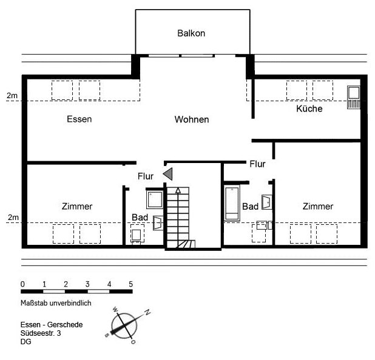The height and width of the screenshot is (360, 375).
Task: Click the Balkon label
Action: point(191,33)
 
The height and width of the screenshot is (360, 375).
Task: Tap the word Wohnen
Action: point(192,119)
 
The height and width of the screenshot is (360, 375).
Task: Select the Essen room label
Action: point(79,119)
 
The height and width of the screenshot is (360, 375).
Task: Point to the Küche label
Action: point(309,108)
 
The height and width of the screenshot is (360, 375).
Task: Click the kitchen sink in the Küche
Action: point(354,97)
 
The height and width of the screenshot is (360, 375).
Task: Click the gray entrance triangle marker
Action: point(167,174)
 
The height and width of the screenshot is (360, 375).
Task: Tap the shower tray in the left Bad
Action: point(155,199)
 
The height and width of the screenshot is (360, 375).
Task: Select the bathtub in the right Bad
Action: point(232,203)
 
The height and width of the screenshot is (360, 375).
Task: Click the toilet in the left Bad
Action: point(137,235)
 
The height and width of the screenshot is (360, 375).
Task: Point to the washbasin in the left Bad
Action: point(158,223)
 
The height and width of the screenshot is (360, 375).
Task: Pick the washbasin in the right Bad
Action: point(267,202)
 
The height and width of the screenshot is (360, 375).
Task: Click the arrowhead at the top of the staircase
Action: point(178,190)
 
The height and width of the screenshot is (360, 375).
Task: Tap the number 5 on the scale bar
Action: point(130,284)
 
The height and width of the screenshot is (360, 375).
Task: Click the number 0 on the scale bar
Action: point(22,284)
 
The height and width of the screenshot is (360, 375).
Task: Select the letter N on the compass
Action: point(147,312)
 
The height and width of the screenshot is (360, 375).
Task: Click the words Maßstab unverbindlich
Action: point(56,303)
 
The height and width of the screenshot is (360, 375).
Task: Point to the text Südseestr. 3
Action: point(41,333)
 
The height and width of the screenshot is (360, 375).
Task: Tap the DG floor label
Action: point(26,342)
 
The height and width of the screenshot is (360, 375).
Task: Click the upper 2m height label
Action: point(12,96)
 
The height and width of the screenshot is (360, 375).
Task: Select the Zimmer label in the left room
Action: point(77,207)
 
